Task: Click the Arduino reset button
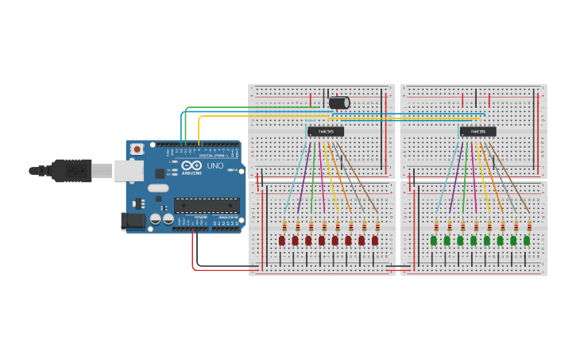(137, 149)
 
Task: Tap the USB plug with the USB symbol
(72, 170)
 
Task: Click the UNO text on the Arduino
(215, 165)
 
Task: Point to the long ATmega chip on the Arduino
(207, 205)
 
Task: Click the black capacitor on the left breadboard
(338, 103)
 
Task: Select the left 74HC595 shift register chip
(326, 131)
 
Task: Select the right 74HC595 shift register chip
(477, 131)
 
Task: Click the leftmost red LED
(282, 240)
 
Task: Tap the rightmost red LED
(375, 240)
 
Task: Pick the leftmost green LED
(434, 240)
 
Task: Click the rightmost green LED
(527, 240)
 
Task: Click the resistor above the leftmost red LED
(284, 226)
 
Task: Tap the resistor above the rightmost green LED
(528, 226)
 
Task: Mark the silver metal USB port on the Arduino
(127, 170)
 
